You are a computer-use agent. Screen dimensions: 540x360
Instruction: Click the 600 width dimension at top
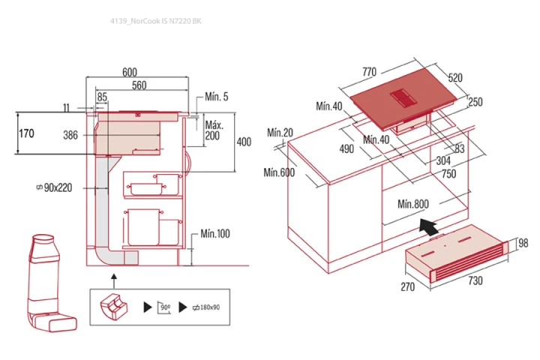pos(130,72)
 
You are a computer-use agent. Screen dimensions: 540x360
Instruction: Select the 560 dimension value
pos(139,85)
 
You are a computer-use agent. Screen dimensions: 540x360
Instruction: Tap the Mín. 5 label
pos(216,97)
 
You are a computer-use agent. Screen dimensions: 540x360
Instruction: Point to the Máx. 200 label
pos(214,130)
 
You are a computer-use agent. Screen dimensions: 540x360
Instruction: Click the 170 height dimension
pos(26,133)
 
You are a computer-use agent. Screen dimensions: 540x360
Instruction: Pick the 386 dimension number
pos(70,135)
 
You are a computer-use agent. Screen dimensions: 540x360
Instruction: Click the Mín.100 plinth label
pos(215,234)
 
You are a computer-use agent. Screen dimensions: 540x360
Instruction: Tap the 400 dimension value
pos(244,142)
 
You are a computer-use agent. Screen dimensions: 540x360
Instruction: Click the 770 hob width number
pos(369,72)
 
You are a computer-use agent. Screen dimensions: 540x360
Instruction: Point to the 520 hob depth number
pos(455,78)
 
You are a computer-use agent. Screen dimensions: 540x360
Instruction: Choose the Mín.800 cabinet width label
pos(413,204)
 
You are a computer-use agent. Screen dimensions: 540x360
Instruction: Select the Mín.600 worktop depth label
pos(279,172)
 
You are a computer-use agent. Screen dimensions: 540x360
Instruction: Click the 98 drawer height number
pos(523,243)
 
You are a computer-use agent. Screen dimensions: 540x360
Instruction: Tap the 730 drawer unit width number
pos(475,280)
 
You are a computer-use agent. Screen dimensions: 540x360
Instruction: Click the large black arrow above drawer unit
pos(428,226)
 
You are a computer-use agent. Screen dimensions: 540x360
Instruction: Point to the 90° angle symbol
pos(164,307)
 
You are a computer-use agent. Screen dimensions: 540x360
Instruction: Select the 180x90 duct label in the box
pos(206,307)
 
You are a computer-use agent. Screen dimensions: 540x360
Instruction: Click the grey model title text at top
pos(156,21)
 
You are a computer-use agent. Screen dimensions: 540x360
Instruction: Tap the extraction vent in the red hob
pos(403,97)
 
